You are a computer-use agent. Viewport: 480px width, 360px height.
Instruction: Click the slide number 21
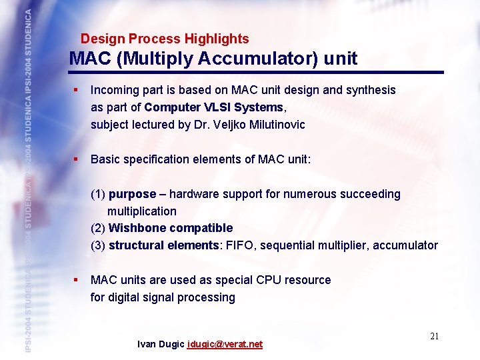point(434,336)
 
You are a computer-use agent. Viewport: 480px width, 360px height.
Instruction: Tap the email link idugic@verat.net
point(225,345)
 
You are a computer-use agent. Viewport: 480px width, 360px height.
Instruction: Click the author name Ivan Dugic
point(161,345)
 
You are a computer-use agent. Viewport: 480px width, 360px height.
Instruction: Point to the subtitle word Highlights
point(217,39)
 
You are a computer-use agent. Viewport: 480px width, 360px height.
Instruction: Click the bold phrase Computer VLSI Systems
point(213,107)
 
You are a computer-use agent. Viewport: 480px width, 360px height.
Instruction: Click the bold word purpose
point(132,194)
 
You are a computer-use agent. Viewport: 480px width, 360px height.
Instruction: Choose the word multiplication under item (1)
point(142,211)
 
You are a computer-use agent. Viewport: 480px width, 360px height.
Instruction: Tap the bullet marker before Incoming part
point(77,89)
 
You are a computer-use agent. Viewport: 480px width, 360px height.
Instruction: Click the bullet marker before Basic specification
point(77,159)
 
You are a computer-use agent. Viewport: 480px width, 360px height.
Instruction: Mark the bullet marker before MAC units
point(77,280)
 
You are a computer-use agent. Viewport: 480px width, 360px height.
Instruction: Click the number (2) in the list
point(98,228)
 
